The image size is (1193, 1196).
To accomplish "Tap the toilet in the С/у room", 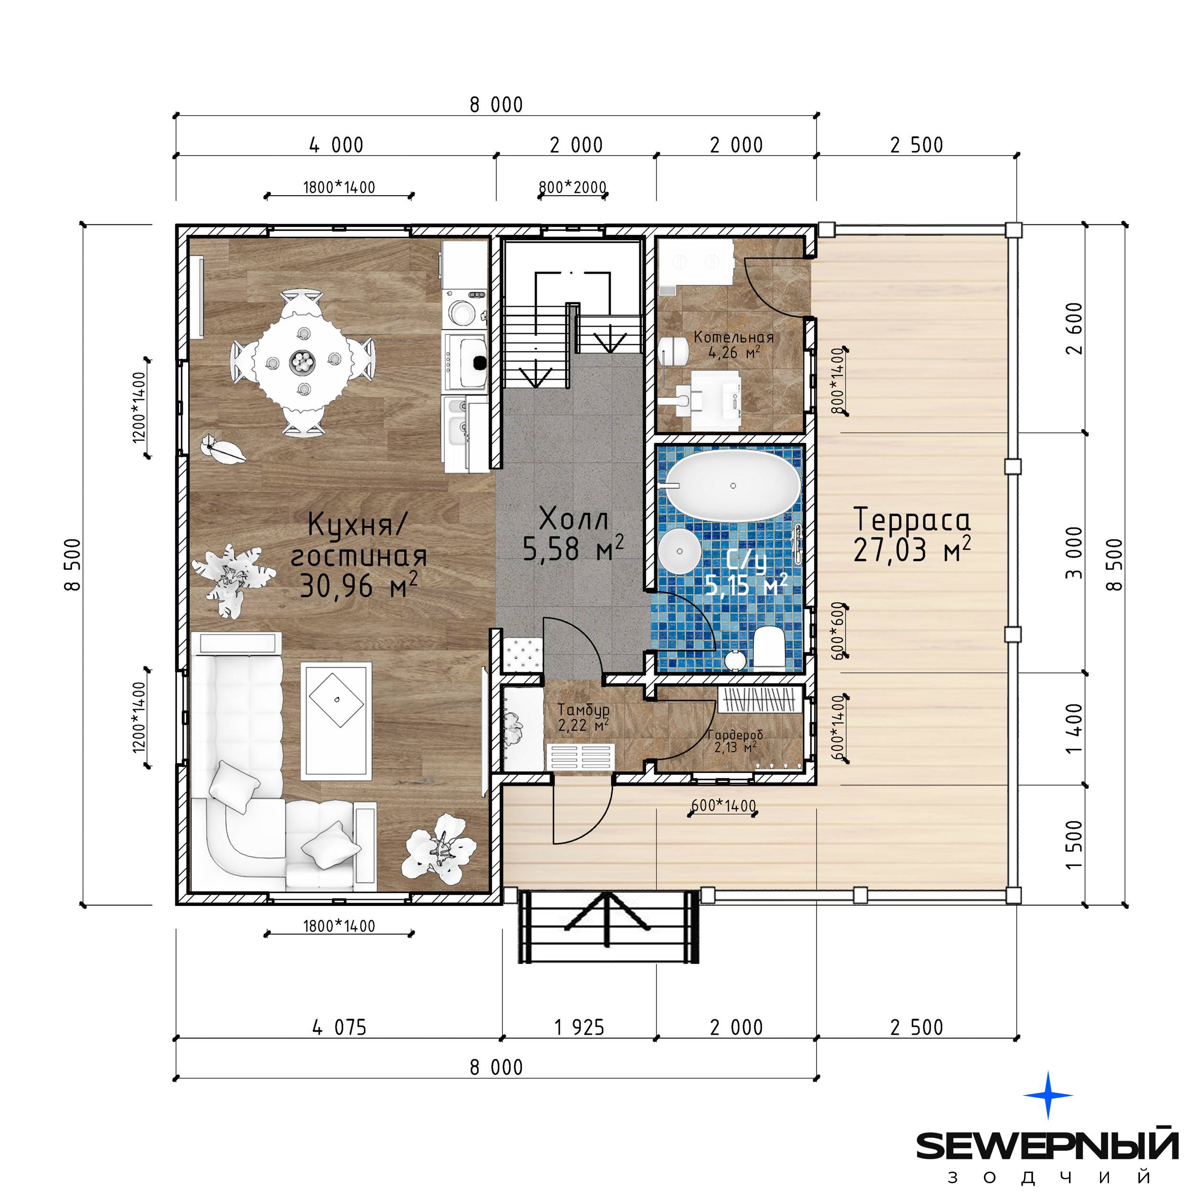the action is pos(769,648).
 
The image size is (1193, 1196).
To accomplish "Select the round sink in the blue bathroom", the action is pos(680,550).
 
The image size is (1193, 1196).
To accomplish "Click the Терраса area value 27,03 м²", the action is pos(911,549).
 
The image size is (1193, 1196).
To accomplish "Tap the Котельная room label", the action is pos(733,337).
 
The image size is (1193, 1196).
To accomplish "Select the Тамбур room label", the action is pos(583,709).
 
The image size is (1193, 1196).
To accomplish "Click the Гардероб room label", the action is pos(735,735).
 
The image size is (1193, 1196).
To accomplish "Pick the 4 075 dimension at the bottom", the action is pos(339,1028).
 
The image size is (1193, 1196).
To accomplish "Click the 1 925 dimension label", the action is pos(579,1028).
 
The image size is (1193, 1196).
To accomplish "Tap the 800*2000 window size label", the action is pos(572,187).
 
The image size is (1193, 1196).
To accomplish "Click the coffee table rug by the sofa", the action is pos(336,721).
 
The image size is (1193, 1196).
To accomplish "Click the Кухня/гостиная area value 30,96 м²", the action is pos(359,586).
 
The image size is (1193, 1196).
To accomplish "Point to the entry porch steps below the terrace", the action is pos(608,927).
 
